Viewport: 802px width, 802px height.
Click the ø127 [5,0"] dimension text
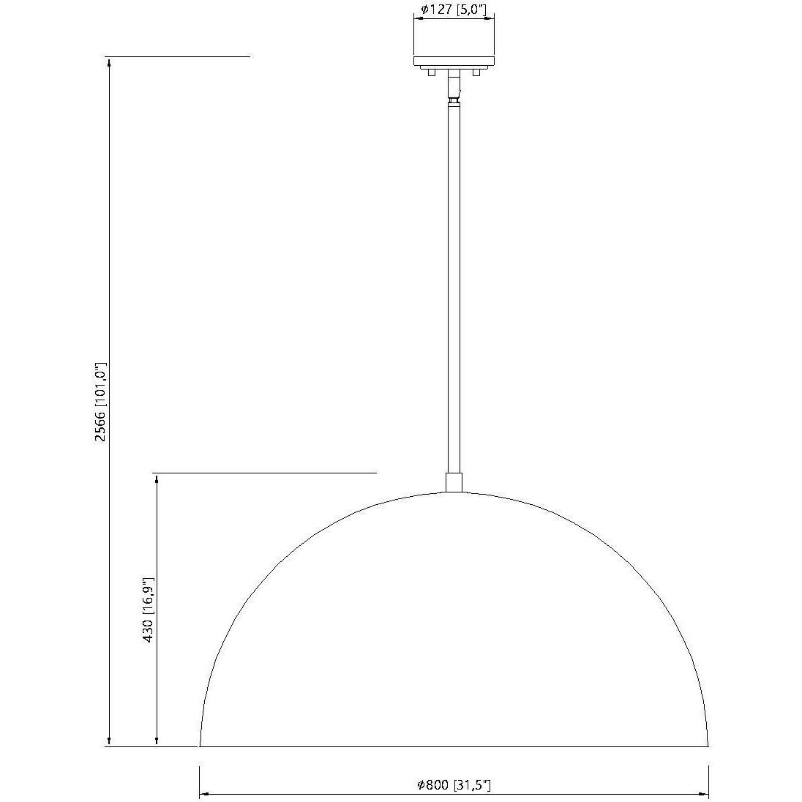(454, 10)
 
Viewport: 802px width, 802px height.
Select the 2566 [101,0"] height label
(102, 402)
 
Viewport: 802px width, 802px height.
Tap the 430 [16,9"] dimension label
(148, 610)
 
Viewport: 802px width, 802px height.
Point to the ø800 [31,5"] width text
(454, 785)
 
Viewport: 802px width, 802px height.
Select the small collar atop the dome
(454, 482)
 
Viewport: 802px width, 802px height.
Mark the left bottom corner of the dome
(200, 746)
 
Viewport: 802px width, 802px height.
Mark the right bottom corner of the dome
(708, 746)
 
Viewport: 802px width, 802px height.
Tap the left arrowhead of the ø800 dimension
(204, 794)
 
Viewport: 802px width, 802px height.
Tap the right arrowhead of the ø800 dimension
(704, 794)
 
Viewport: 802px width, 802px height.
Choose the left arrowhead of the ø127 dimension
(418, 19)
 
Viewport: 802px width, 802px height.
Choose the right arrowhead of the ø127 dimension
(492, 19)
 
